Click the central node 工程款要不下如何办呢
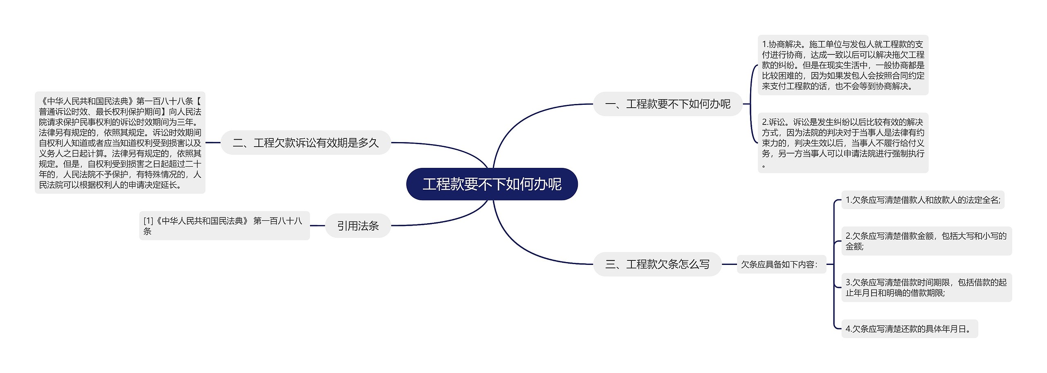492,184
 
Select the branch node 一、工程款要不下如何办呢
667,104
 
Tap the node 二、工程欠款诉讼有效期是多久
306,142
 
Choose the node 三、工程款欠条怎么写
657,264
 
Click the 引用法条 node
358,226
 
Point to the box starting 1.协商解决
843,65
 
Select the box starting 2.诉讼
843,142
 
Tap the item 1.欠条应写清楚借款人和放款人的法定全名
922,200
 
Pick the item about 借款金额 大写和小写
926,241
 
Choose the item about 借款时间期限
926,287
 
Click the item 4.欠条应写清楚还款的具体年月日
909,329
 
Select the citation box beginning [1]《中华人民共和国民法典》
224,226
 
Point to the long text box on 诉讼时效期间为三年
120,142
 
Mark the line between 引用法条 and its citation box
317,226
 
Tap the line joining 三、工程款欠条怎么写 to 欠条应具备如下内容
729,264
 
